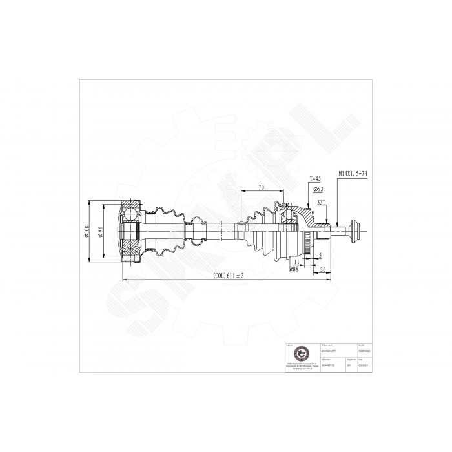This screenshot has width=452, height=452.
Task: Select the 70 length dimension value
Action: (262, 187)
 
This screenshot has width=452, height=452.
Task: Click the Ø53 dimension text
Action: (318, 189)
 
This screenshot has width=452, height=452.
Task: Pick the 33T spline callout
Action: (321, 202)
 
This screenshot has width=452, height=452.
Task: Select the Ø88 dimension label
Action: (294, 269)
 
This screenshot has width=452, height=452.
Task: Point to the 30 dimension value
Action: (322, 269)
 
